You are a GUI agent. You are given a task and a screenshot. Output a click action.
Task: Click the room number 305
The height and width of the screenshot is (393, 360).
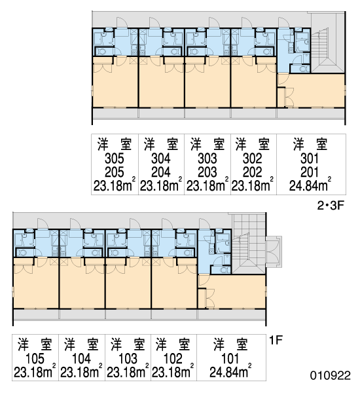coord(115,159)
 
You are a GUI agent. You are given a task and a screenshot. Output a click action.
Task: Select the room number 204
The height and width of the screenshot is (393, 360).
coord(161,172)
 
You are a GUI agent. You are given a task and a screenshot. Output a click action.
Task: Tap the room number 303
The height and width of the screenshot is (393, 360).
coord(207,159)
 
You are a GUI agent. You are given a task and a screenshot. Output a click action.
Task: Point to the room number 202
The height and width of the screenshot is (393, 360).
coord(252,172)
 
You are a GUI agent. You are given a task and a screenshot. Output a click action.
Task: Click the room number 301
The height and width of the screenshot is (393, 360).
coord(310,159)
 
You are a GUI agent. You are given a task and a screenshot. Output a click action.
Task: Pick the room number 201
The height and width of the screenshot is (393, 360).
coord(310,172)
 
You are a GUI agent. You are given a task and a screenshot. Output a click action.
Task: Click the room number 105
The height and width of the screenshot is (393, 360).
coord(35,359)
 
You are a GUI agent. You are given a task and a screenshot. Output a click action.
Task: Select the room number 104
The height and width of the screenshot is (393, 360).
coord(81,359)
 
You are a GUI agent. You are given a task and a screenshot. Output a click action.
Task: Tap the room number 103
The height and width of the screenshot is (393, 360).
coord(128,359)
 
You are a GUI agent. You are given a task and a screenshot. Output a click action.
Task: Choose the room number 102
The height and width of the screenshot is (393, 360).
coord(173,359)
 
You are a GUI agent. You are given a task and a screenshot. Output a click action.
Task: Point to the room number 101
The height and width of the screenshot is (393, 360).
coord(230,359)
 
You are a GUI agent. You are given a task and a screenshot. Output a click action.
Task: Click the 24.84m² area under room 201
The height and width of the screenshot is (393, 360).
coord(310,185)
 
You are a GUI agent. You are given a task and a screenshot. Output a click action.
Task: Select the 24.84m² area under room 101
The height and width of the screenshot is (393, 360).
coord(230,371)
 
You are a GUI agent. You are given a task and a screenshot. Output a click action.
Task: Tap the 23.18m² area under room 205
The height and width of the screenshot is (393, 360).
coord(115,185)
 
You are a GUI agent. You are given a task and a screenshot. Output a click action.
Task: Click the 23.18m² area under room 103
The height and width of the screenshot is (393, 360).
coord(128,371)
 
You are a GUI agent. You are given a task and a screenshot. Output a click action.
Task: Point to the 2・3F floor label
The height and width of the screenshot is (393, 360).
coord(331,206)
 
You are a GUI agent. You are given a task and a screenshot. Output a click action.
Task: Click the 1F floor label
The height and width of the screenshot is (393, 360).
coord(276,340)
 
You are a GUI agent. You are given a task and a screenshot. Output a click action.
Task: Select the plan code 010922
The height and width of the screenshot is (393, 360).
coord(330,375)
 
